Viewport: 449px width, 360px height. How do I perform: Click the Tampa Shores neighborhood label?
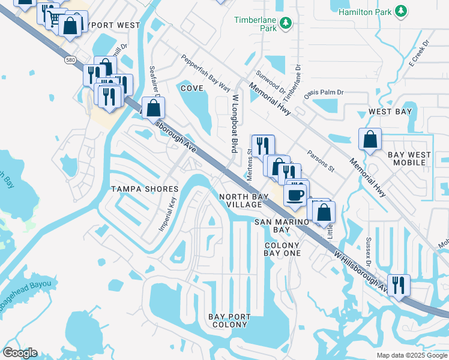pos(145,189)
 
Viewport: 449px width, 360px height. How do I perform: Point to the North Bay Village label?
pos(241,200)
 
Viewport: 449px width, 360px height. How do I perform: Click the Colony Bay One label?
pos(282,249)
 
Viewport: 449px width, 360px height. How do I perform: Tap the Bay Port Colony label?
pos(228,320)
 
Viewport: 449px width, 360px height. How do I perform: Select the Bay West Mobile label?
pos(409,158)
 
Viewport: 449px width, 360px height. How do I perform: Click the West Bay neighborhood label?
pos(390,112)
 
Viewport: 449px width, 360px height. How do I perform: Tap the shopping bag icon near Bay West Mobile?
pos(370,139)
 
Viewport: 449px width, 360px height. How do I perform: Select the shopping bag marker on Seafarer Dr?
pos(154,108)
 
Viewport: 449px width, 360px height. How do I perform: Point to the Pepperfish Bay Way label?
pos(205,73)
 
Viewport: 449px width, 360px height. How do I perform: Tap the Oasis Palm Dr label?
pos(323,92)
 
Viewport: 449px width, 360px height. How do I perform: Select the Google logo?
pos(20,353)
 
